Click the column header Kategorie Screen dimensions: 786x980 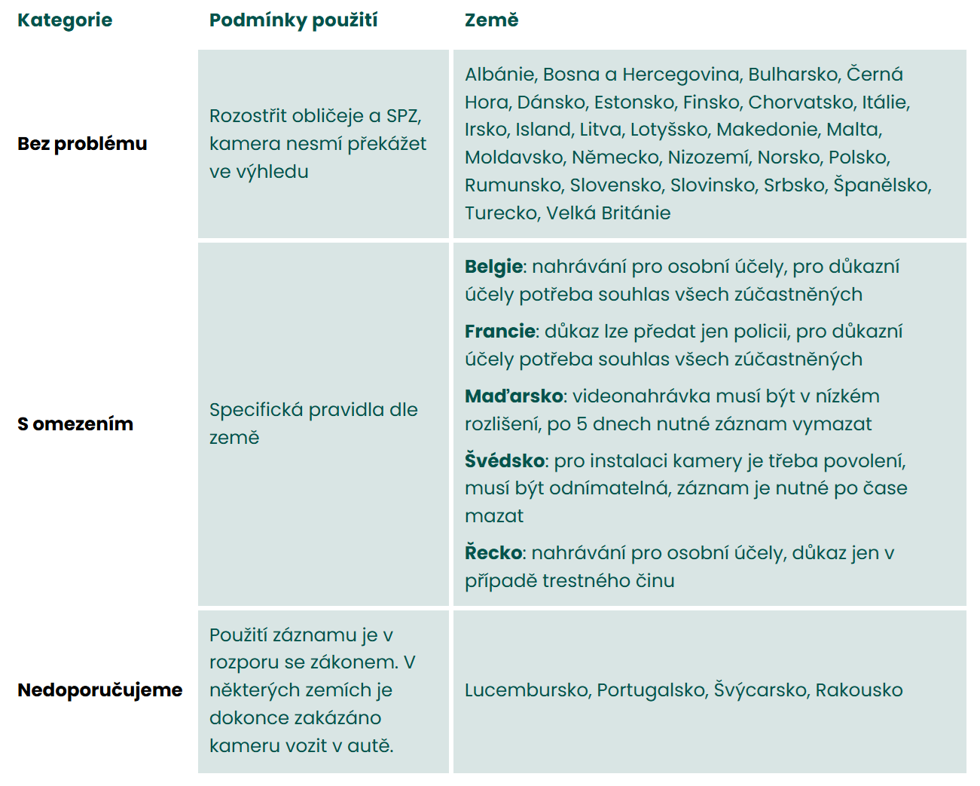tap(65, 20)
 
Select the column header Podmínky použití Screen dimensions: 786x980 tap(293, 20)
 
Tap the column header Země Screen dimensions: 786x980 tap(491, 20)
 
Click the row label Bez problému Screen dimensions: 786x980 tap(82, 144)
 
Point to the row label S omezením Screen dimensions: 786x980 tap(75, 424)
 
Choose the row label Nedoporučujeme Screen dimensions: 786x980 tap(100, 690)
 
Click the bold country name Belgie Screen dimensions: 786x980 tap(493, 267)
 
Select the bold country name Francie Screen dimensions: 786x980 tap(500, 332)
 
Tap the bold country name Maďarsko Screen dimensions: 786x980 tap(514, 396)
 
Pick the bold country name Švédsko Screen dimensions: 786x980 tap(505, 461)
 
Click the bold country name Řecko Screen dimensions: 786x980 tap(493, 553)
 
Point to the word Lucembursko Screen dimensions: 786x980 tap(529, 690)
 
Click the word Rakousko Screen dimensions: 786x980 tap(859, 690)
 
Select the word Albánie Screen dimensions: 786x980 tap(500, 75)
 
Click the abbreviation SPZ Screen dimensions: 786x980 tap(403, 116)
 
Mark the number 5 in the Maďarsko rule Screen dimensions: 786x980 tap(582, 424)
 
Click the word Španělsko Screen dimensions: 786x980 tap(882, 185)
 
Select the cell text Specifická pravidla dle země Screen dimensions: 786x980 tap(313, 424)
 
